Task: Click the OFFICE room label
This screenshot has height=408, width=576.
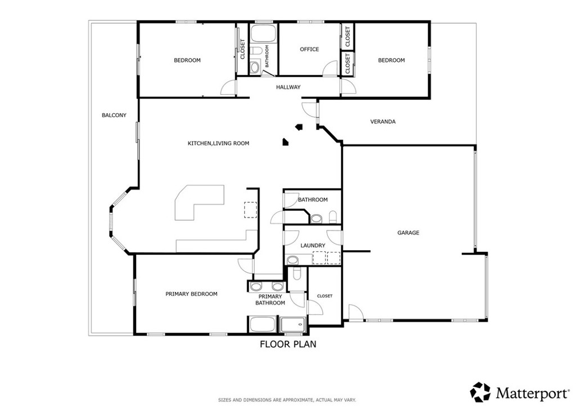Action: (309, 50)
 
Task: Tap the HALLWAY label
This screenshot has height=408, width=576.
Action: (288, 87)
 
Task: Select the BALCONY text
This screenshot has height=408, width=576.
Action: (114, 116)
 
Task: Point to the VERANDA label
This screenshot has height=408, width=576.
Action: (382, 122)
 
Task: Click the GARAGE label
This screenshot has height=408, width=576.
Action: (408, 233)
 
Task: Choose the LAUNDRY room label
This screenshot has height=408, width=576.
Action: (313, 245)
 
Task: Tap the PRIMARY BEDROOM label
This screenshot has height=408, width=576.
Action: (191, 294)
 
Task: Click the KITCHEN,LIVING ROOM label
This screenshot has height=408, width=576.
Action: (218, 144)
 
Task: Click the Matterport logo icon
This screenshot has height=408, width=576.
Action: (480, 391)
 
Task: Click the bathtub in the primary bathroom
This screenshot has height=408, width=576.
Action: (262, 325)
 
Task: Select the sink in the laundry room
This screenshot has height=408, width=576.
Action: (293, 260)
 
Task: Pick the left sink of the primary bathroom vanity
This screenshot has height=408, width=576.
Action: (256, 286)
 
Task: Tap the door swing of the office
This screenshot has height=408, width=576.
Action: (328, 69)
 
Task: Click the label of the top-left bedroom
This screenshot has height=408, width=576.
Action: (187, 60)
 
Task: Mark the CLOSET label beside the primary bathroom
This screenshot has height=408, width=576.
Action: (325, 296)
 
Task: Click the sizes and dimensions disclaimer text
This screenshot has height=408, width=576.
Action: (287, 400)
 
